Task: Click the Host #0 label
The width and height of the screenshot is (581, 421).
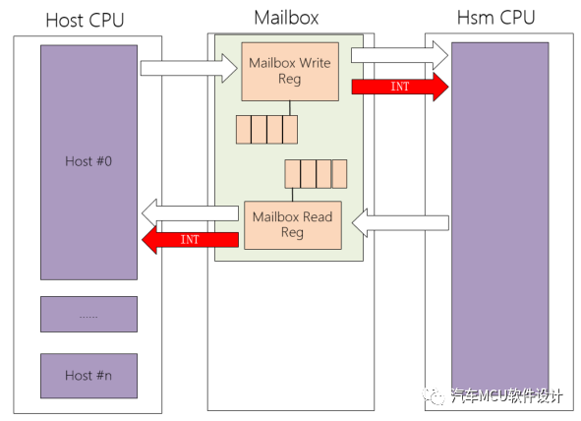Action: [88, 160]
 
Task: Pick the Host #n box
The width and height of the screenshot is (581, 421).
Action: [88, 375]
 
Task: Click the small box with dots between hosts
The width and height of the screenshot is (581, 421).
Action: [88, 315]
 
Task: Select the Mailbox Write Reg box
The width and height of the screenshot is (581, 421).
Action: [291, 71]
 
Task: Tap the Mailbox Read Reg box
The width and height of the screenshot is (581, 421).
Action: [291, 224]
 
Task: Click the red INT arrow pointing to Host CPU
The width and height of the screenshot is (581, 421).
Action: [190, 239]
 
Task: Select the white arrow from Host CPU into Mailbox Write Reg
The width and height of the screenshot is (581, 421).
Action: [189, 68]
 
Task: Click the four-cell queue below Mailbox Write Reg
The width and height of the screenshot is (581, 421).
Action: [266, 129]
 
